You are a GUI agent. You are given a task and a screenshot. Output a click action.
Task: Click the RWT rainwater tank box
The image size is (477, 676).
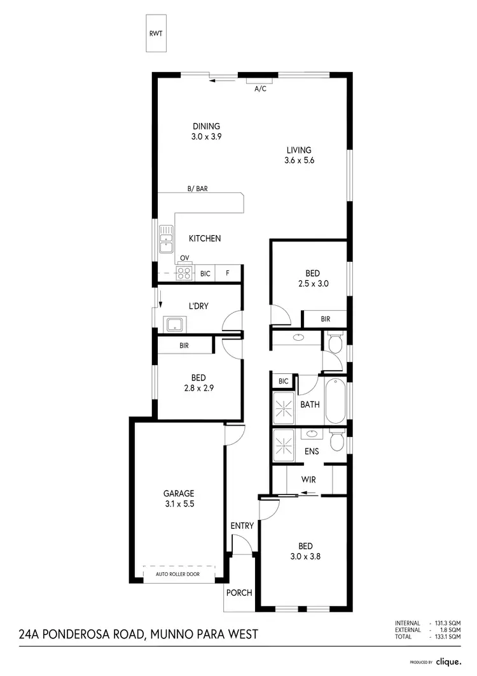point(155,33)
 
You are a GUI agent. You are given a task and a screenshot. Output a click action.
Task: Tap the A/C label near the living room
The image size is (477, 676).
point(260,89)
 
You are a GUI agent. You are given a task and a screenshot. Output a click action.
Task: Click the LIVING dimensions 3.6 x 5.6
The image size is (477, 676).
point(300,161)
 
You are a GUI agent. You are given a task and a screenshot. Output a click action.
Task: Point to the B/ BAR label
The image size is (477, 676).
point(198,189)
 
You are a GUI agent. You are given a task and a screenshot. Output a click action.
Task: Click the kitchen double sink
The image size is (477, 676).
point(167,239)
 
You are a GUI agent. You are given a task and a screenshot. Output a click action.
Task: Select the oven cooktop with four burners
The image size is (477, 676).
point(184,273)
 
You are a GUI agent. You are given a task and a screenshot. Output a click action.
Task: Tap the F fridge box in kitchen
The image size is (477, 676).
point(228,273)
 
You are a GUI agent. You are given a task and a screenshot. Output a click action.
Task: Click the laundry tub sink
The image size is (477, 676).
point(172,324)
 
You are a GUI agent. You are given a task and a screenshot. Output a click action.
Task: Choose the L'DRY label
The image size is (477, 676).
point(198,306)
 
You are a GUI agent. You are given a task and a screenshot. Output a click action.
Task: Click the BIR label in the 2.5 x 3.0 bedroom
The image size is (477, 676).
point(325,319)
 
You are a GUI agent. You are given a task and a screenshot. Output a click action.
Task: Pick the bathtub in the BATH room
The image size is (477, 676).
point(335,401)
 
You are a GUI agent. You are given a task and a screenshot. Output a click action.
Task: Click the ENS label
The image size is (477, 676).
point(312,451)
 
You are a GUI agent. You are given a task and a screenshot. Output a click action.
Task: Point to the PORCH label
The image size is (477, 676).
point(239,593)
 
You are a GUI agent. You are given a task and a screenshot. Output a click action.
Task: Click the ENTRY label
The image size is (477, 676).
point(242,526)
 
